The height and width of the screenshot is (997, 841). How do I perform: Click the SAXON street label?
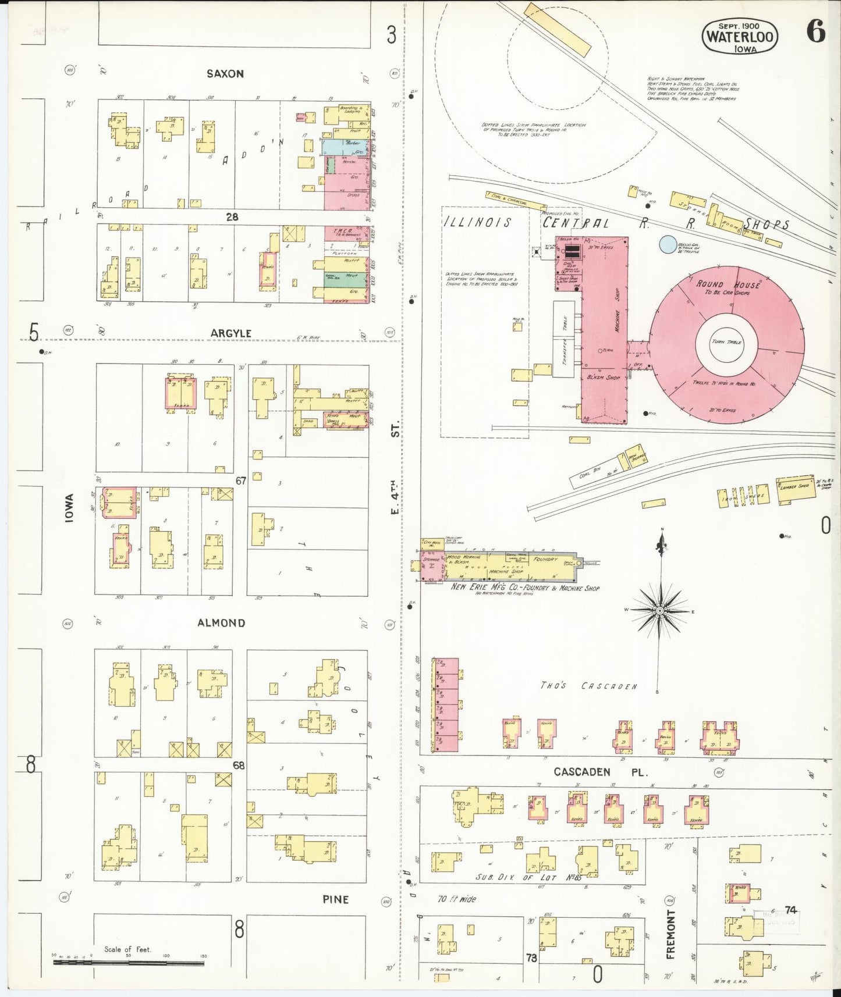(225, 74)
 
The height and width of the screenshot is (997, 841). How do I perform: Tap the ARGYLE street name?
(231, 333)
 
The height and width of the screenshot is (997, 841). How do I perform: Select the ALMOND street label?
(221, 623)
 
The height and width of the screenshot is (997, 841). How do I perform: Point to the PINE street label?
(336, 899)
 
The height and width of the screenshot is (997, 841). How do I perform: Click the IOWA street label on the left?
(69, 508)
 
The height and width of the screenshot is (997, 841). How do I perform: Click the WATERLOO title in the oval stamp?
(740, 37)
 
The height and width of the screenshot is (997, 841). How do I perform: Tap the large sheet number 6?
(816, 32)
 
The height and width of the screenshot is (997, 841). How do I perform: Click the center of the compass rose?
(660, 611)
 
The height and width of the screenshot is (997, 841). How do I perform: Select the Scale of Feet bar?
(129, 963)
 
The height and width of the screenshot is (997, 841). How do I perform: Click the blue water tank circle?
(668, 244)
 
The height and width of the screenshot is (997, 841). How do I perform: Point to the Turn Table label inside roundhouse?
(726, 342)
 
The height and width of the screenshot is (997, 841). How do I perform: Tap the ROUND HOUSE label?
(728, 284)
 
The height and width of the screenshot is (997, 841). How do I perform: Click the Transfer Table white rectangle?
(564, 339)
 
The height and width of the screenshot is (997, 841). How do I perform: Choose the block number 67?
(241, 480)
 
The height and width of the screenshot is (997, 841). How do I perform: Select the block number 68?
(239, 765)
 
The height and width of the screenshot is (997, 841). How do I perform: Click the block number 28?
(232, 217)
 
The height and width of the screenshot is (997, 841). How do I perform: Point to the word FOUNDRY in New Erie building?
(545, 559)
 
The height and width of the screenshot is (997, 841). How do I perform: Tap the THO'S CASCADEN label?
(588, 686)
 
